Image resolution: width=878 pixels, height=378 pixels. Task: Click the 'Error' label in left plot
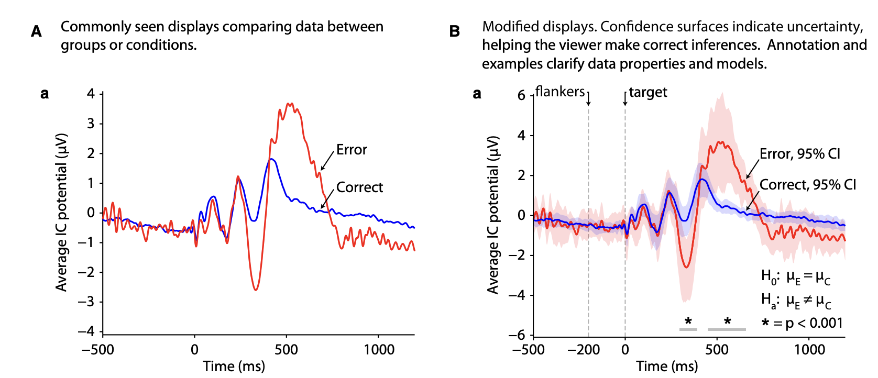pyautogui.click(x=352, y=150)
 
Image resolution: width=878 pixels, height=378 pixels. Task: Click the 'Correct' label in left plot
pyautogui.click(x=359, y=187)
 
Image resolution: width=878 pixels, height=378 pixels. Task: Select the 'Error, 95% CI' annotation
pyautogui.click(x=800, y=154)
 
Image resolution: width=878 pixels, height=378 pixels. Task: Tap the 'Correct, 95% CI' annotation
pyautogui.click(x=808, y=185)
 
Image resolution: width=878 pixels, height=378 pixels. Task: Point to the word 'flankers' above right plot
pyautogui.click(x=560, y=92)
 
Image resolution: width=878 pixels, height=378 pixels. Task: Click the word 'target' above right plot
pyautogui.click(x=648, y=93)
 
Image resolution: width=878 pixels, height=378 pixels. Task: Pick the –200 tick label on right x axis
pyautogui.click(x=584, y=350)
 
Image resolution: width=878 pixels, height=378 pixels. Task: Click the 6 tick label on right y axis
pyautogui.click(x=521, y=95)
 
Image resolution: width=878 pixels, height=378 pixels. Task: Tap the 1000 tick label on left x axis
pyautogui.click(x=379, y=350)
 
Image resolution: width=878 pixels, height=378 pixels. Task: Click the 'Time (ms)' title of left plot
pyautogui.click(x=234, y=366)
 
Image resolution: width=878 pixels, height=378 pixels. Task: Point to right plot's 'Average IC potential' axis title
pyautogui.click(x=493, y=215)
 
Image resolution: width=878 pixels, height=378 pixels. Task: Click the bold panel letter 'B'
pyautogui.click(x=455, y=31)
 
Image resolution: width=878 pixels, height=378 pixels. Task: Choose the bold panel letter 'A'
pyautogui.click(x=36, y=31)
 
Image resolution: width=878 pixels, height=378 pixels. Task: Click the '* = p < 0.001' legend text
pyautogui.click(x=802, y=323)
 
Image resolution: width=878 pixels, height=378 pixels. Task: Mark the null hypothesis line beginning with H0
pyautogui.click(x=795, y=276)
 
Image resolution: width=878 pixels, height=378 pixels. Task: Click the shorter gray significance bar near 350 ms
pyautogui.click(x=688, y=329)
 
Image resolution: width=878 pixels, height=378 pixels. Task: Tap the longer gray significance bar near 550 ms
pyautogui.click(x=727, y=329)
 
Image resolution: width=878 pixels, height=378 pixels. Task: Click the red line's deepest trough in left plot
pyautogui.click(x=256, y=290)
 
